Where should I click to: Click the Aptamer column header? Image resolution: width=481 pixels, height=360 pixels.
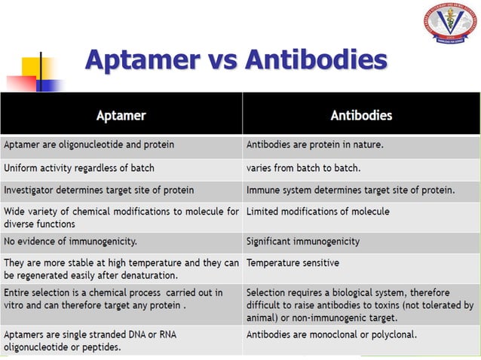[x=121, y=115]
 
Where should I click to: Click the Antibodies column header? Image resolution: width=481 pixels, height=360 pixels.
[x=361, y=115]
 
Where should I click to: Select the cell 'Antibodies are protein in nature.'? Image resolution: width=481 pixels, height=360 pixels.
[x=315, y=144]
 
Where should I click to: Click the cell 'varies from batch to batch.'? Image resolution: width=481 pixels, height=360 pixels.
[x=303, y=167]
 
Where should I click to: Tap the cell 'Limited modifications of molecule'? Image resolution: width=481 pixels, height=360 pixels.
[x=317, y=212]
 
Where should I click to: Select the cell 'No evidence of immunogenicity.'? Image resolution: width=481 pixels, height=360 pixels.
[x=70, y=242]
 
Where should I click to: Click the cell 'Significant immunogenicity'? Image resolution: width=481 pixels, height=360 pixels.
[x=302, y=242]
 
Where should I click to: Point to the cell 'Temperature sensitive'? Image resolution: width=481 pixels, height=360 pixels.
[x=293, y=263]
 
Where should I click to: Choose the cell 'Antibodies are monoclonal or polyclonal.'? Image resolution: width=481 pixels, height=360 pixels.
[x=332, y=334]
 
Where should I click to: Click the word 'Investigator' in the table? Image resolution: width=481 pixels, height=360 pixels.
[x=29, y=190]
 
